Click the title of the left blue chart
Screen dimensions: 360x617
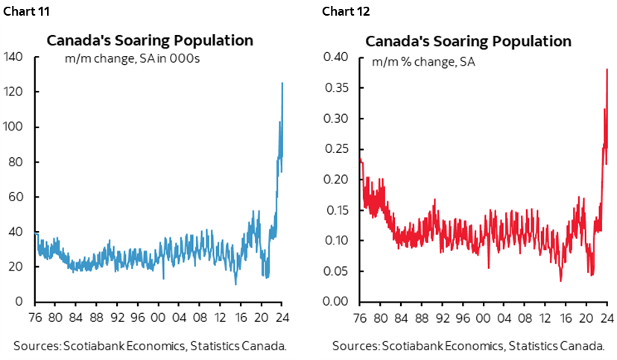(x=150, y=40)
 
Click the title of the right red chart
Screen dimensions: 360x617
(x=468, y=40)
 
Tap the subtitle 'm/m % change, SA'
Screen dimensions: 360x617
(x=423, y=61)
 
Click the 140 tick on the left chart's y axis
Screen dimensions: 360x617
(x=15, y=57)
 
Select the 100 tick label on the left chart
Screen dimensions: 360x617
(x=15, y=127)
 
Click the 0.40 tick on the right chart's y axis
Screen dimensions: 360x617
(x=337, y=57)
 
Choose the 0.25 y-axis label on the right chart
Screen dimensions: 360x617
(x=337, y=149)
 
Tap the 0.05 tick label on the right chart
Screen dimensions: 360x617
(x=337, y=271)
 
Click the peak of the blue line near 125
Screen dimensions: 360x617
(x=282, y=83)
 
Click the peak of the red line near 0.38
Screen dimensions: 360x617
(x=607, y=69)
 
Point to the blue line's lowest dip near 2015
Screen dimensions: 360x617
(x=235, y=284)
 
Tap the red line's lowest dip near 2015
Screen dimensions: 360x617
(x=560, y=280)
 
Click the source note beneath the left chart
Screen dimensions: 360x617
(x=150, y=346)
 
